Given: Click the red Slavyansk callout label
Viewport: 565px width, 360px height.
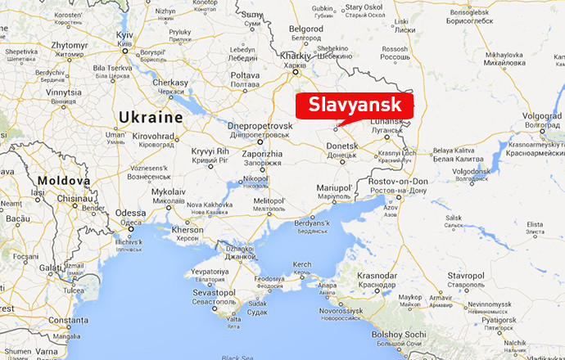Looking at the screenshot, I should (355, 106).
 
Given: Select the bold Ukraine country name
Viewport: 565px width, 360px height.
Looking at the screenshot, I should (150, 117).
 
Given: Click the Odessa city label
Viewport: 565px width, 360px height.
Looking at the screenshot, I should (131, 212).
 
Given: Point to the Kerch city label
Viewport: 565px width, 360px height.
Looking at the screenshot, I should (302, 264).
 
